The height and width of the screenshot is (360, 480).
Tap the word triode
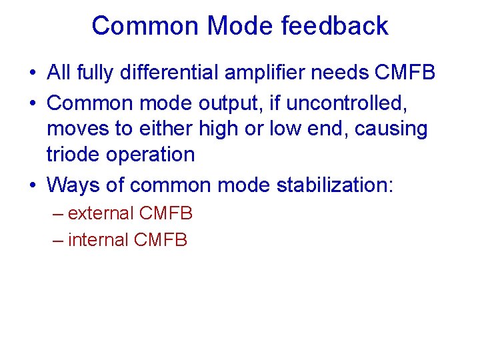pos(71,154)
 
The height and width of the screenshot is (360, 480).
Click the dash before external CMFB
pos(57,214)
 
